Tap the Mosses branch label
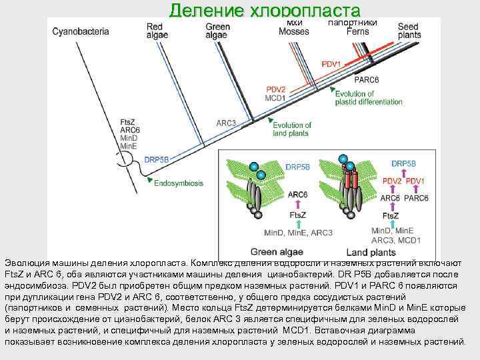tap(293, 31)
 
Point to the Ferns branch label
tap(357, 31)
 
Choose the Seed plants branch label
tap(409, 31)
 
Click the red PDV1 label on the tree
tap(331, 65)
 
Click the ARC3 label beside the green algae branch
tap(227, 123)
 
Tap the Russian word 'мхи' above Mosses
tap(294, 23)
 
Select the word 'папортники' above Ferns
tap(353, 23)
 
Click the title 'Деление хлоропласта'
tap(265, 10)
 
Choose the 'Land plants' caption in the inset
tap(370, 252)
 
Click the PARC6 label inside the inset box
tap(416, 198)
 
